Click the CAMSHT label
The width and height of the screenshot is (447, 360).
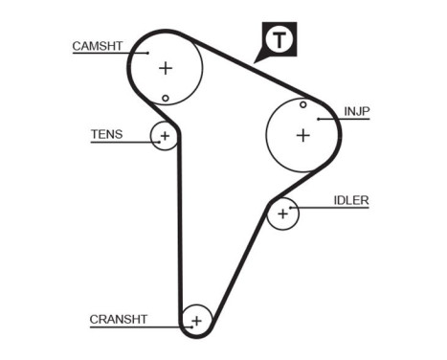98,45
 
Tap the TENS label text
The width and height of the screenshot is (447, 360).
106,135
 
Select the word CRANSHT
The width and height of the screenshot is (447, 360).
119,319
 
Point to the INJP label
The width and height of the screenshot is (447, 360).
357,112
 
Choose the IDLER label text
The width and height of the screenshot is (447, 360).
350,200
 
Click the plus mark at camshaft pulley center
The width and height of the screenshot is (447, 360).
166,68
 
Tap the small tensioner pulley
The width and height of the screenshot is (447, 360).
165,136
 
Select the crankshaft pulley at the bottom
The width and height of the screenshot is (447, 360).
196,320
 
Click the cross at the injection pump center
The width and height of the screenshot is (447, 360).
302,135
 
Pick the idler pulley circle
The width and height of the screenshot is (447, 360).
282,214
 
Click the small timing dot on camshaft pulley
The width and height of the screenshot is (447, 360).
166,98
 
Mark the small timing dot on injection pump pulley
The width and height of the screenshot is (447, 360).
302,104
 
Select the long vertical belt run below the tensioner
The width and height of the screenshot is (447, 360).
178,230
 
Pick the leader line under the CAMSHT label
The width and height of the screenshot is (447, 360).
105,54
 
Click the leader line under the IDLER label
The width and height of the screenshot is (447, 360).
335,209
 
